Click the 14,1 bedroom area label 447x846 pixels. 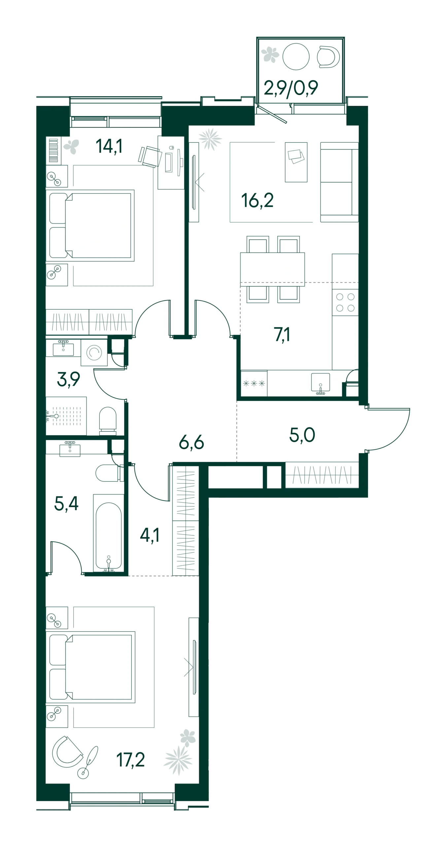click(109, 146)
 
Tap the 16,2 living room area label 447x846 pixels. click(258, 200)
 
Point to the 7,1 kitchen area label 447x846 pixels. click(282, 334)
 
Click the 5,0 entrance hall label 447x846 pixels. click(302, 435)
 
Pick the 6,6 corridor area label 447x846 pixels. click(191, 442)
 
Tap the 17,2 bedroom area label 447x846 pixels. click(131, 760)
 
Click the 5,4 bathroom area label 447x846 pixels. click(66, 504)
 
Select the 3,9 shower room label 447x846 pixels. click(69, 379)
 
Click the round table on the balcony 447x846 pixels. click(296, 57)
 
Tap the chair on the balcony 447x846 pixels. click(328, 57)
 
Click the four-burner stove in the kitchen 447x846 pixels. click(345, 302)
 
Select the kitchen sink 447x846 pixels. click(321, 383)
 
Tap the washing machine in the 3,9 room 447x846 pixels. click(94, 352)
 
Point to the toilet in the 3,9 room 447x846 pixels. click(108, 421)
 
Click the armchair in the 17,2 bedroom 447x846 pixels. click(67, 752)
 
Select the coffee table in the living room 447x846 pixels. click(296, 162)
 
